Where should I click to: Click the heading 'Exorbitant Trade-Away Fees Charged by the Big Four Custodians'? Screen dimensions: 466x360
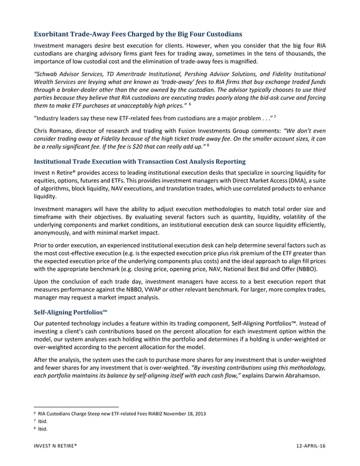click(x=138, y=34)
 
